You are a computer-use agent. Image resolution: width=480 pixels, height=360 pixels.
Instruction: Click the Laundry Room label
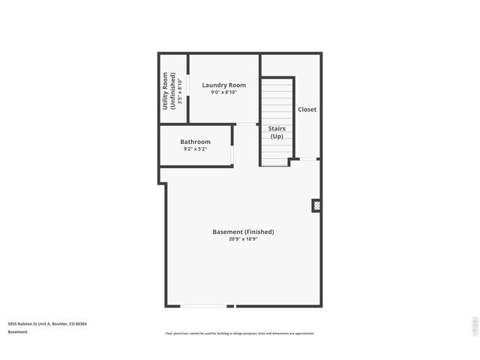(223, 85)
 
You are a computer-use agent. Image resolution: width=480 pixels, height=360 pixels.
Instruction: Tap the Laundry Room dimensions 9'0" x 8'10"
(223, 93)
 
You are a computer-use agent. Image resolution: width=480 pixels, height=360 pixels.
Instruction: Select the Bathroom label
(195, 142)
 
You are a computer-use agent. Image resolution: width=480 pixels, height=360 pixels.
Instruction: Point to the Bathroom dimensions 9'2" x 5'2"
(195, 149)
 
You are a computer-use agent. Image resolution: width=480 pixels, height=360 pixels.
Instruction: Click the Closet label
(307, 109)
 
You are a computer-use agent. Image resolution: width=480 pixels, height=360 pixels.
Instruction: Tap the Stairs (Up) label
(277, 133)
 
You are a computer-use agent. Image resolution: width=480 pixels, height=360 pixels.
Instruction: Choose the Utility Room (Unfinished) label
(169, 91)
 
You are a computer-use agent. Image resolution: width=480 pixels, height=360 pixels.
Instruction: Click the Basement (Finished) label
(243, 232)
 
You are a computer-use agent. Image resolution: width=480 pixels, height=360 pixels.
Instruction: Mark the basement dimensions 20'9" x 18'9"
(243, 239)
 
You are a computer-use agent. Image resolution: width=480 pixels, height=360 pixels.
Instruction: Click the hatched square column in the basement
(316, 204)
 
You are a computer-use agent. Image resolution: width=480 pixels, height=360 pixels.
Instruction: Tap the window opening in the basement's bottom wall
(203, 306)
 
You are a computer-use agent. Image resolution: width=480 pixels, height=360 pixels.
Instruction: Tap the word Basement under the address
(18, 331)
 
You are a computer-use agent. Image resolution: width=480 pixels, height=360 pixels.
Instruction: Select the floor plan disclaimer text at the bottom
(239, 333)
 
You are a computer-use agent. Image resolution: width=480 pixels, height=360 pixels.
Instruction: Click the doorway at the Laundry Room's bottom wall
(246, 124)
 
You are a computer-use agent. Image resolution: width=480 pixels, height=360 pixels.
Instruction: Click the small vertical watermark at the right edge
(474, 325)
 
